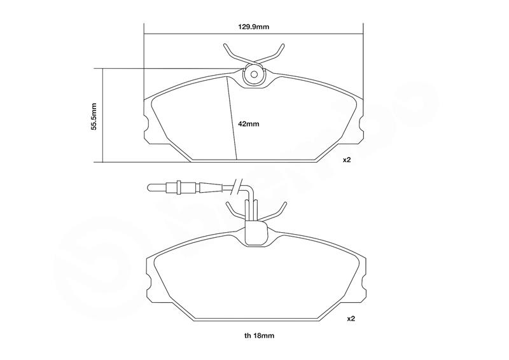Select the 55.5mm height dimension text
pyautogui.click(x=94, y=116)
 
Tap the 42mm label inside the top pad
pyautogui.click(x=249, y=123)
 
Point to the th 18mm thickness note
pyautogui.click(x=260, y=336)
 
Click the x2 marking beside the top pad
pyautogui.click(x=347, y=160)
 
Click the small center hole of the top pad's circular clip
pyautogui.click(x=254, y=74)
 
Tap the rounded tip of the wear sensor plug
pyautogui.click(x=150, y=187)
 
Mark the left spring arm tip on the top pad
pyautogui.click(x=225, y=45)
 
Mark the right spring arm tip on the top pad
pyautogui.click(x=283, y=45)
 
